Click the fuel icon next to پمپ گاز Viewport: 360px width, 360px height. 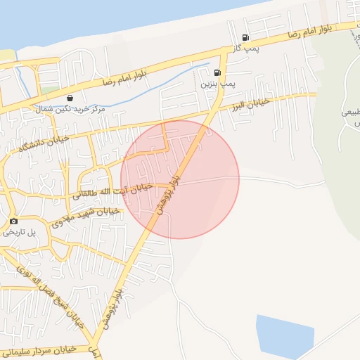tap(245, 38)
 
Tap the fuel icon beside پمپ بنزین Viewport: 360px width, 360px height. tap(217, 72)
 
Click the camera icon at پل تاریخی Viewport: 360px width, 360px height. tap(13, 221)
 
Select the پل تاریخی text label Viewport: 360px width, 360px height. tap(13, 232)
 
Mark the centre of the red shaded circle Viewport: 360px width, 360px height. tap(180, 179)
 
